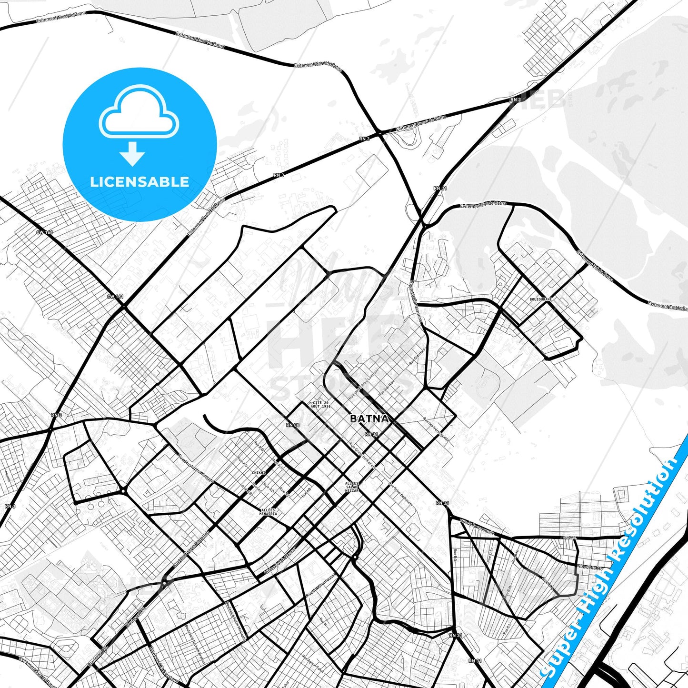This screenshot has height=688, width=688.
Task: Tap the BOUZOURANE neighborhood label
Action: (x=540, y=299)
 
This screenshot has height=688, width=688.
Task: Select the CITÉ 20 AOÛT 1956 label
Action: (x=320, y=404)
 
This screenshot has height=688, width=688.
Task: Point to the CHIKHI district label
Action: (x=259, y=473)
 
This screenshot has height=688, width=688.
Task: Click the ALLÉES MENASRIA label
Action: (x=268, y=512)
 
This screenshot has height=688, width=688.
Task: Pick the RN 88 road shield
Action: (x=293, y=425)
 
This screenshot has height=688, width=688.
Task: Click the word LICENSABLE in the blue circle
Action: (x=140, y=182)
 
